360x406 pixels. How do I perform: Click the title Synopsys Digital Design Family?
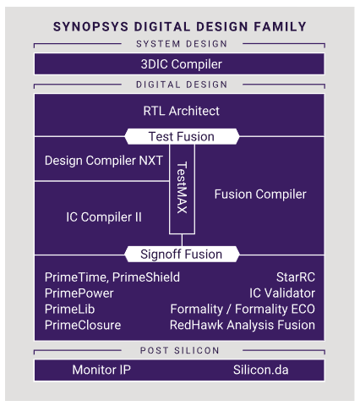pos(180,26)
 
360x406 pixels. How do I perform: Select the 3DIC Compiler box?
pos(180,64)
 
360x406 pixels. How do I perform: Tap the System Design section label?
pos(180,44)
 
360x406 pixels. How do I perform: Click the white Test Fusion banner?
pos(181,136)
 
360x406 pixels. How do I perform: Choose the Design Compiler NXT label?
pos(103,161)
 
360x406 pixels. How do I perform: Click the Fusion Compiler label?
pos(260,195)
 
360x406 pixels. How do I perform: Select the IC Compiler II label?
pos(104,217)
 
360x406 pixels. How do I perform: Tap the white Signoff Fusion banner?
pos(181,253)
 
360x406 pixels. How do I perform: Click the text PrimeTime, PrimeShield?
pos(112,277)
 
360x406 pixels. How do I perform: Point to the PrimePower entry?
pos(79,293)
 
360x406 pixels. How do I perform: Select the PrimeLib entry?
pos(69,309)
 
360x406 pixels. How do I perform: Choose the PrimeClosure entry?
pos(82,325)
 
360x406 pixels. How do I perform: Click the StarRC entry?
pos(296,277)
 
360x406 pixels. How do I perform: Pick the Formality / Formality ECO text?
pos(243,309)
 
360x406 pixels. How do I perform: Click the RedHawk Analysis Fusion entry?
pos(242,325)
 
